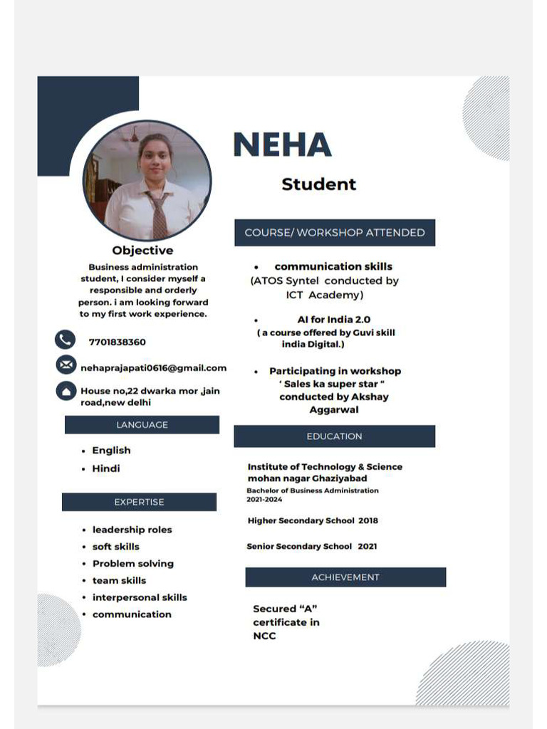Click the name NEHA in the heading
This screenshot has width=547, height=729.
282,145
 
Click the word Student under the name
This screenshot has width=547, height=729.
318,184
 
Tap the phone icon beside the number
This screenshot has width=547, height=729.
66,340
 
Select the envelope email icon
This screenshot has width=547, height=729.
66,365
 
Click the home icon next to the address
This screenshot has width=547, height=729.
66,391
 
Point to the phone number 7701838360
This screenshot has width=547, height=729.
118,342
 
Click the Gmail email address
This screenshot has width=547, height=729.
153,368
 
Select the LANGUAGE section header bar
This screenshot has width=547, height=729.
142,425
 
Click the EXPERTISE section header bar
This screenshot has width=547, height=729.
139,502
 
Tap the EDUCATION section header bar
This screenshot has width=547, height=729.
334,436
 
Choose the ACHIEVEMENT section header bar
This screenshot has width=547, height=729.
345,577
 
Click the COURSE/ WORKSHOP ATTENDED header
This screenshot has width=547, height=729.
335,233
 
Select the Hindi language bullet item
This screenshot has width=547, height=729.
106,468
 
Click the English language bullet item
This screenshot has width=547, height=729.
111,451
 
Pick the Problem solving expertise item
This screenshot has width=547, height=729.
132,564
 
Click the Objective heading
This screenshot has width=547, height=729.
142,251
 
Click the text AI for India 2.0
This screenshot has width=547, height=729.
333,320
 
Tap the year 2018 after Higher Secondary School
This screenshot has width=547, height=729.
368,520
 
